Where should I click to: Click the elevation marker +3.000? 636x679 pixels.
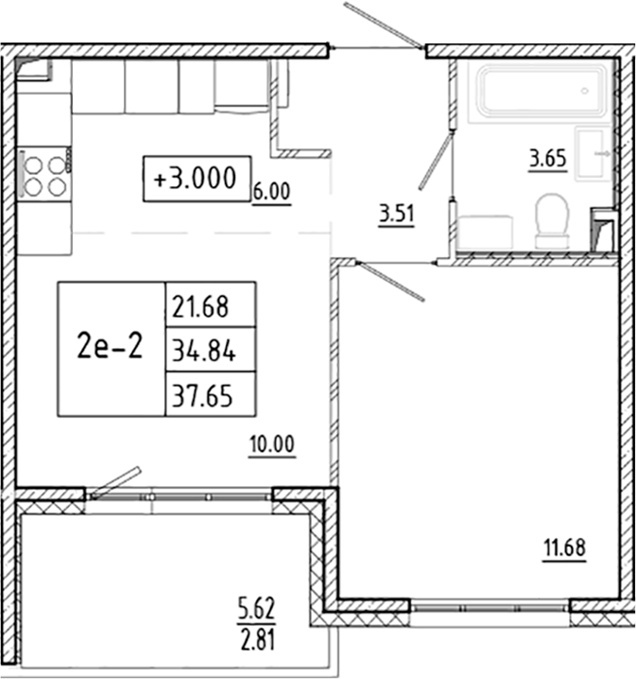197,178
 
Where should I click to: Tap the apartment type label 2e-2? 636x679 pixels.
111,348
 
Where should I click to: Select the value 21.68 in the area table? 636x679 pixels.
199,305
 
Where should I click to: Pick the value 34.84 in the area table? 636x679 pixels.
199,351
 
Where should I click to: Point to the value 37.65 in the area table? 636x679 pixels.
199,394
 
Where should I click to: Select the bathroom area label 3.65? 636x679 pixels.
547,158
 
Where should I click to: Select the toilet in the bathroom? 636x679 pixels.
551,220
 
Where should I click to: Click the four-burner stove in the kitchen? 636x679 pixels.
43,173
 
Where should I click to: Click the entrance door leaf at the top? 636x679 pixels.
383,26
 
